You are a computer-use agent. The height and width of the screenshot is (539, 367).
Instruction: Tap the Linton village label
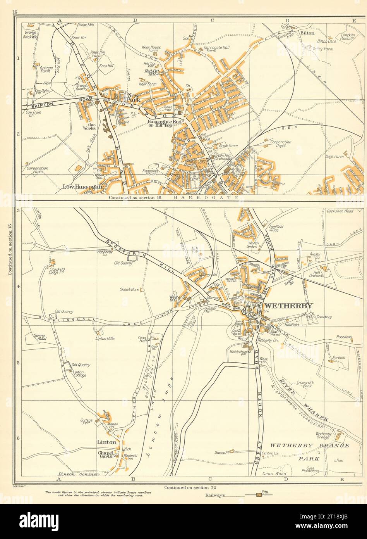pos(107,442)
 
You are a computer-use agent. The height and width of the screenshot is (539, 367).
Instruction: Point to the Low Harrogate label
pos(84,187)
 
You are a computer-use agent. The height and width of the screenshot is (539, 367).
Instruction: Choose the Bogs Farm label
pos(335,156)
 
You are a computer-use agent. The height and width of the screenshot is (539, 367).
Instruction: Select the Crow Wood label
pos(274,473)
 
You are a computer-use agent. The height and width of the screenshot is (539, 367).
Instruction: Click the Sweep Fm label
pos(223,452)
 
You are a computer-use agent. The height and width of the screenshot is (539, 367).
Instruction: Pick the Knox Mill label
pos(86,25)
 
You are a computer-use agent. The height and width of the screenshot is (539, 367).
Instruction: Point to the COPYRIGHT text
pos(19,485)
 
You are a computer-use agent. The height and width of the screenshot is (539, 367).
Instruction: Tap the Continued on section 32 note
pos(188,487)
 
